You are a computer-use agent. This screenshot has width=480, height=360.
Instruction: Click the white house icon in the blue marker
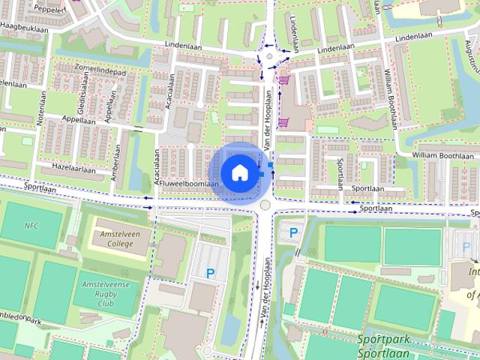pos(238,172)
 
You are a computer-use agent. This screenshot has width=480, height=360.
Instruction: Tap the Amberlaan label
pos(115,160)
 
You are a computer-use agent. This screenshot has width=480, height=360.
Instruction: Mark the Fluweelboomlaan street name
pos(189,184)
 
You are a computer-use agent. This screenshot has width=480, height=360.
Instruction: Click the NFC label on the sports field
pos(31,226)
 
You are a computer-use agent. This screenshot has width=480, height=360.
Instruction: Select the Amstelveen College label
pos(115,238)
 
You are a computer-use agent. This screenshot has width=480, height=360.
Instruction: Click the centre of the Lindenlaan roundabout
pos(268,55)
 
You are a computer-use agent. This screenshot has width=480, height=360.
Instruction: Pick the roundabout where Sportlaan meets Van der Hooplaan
pos(264,205)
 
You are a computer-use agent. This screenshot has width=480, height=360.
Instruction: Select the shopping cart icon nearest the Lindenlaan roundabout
pos(285,79)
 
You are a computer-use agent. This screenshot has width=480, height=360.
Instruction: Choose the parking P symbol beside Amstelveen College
pos(211,274)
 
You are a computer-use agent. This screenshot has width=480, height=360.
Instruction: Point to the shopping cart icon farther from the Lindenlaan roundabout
pos(283,121)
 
